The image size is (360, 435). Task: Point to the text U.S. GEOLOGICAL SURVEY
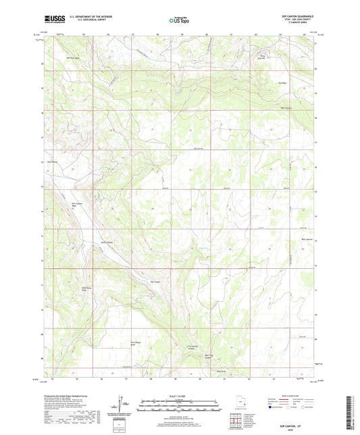tap(83, 20)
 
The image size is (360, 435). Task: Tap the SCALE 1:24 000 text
tap(180, 396)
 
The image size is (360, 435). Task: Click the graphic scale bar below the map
tap(180, 407)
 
